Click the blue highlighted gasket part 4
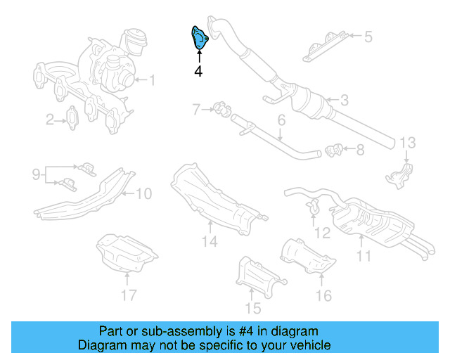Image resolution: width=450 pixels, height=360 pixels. pyautogui.click(x=200, y=38)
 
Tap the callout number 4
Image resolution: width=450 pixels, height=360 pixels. pyautogui.click(x=198, y=71)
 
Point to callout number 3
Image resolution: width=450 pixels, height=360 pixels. pyautogui.click(x=343, y=100)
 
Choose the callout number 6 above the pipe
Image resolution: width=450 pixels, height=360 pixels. pyautogui.click(x=281, y=121)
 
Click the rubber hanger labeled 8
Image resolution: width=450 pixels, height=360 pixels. pyautogui.click(x=334, y=148)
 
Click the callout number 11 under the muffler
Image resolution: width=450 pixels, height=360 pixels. pyautogui.click(x=363, y=256)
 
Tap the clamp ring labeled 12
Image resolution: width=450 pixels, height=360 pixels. pyautogui.click(x=314, y=206)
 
